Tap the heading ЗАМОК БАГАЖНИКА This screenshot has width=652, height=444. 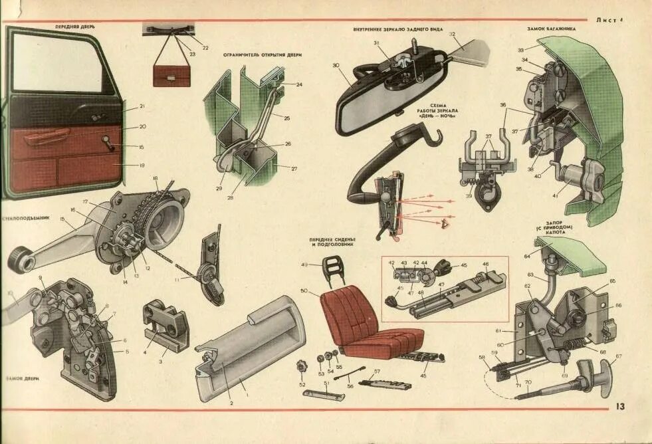[x=551, y=29]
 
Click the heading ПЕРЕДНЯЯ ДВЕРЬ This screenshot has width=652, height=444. [x=75, y=27]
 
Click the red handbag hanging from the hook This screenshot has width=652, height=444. [x=171, y=74]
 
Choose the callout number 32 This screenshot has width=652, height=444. [x=451, y=34]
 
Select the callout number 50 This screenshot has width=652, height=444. [x=304, y=291]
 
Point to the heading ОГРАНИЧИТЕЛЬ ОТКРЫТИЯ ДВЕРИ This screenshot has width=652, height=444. [x=263, y=55]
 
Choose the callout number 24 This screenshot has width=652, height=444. [x=299, y=85]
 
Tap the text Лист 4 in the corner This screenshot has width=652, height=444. [x=611, y=20]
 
